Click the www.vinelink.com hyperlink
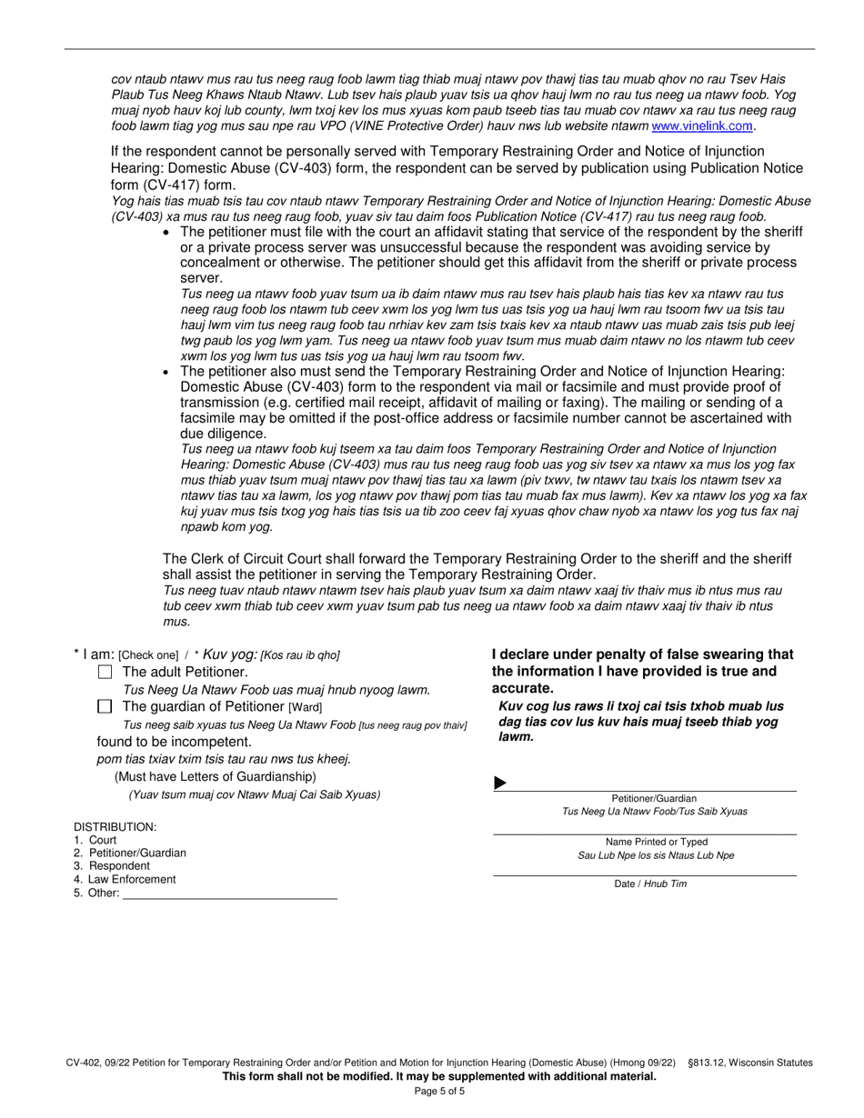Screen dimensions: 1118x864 click(703, 125)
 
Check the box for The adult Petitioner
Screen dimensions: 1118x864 click(105, 672)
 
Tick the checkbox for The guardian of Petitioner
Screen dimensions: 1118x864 click(105, 706)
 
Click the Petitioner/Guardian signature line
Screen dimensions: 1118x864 click(650, 784)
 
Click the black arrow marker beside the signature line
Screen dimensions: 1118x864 click(499, 784)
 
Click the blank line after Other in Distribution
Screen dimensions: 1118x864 click(229, 893)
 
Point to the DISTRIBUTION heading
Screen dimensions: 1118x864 click(115, 826)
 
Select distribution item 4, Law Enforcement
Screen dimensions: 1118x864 click(126, 879)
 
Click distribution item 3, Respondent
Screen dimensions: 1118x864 click(113, 866)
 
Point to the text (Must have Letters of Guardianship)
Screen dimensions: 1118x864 click(215, 776)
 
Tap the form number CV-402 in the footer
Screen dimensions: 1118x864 click(85, 1063)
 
